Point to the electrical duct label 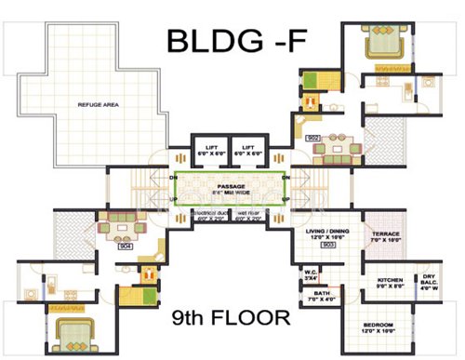click(x=210, y=217)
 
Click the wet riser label click(x=252, y=217)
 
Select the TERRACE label click(x=385, y=236)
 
